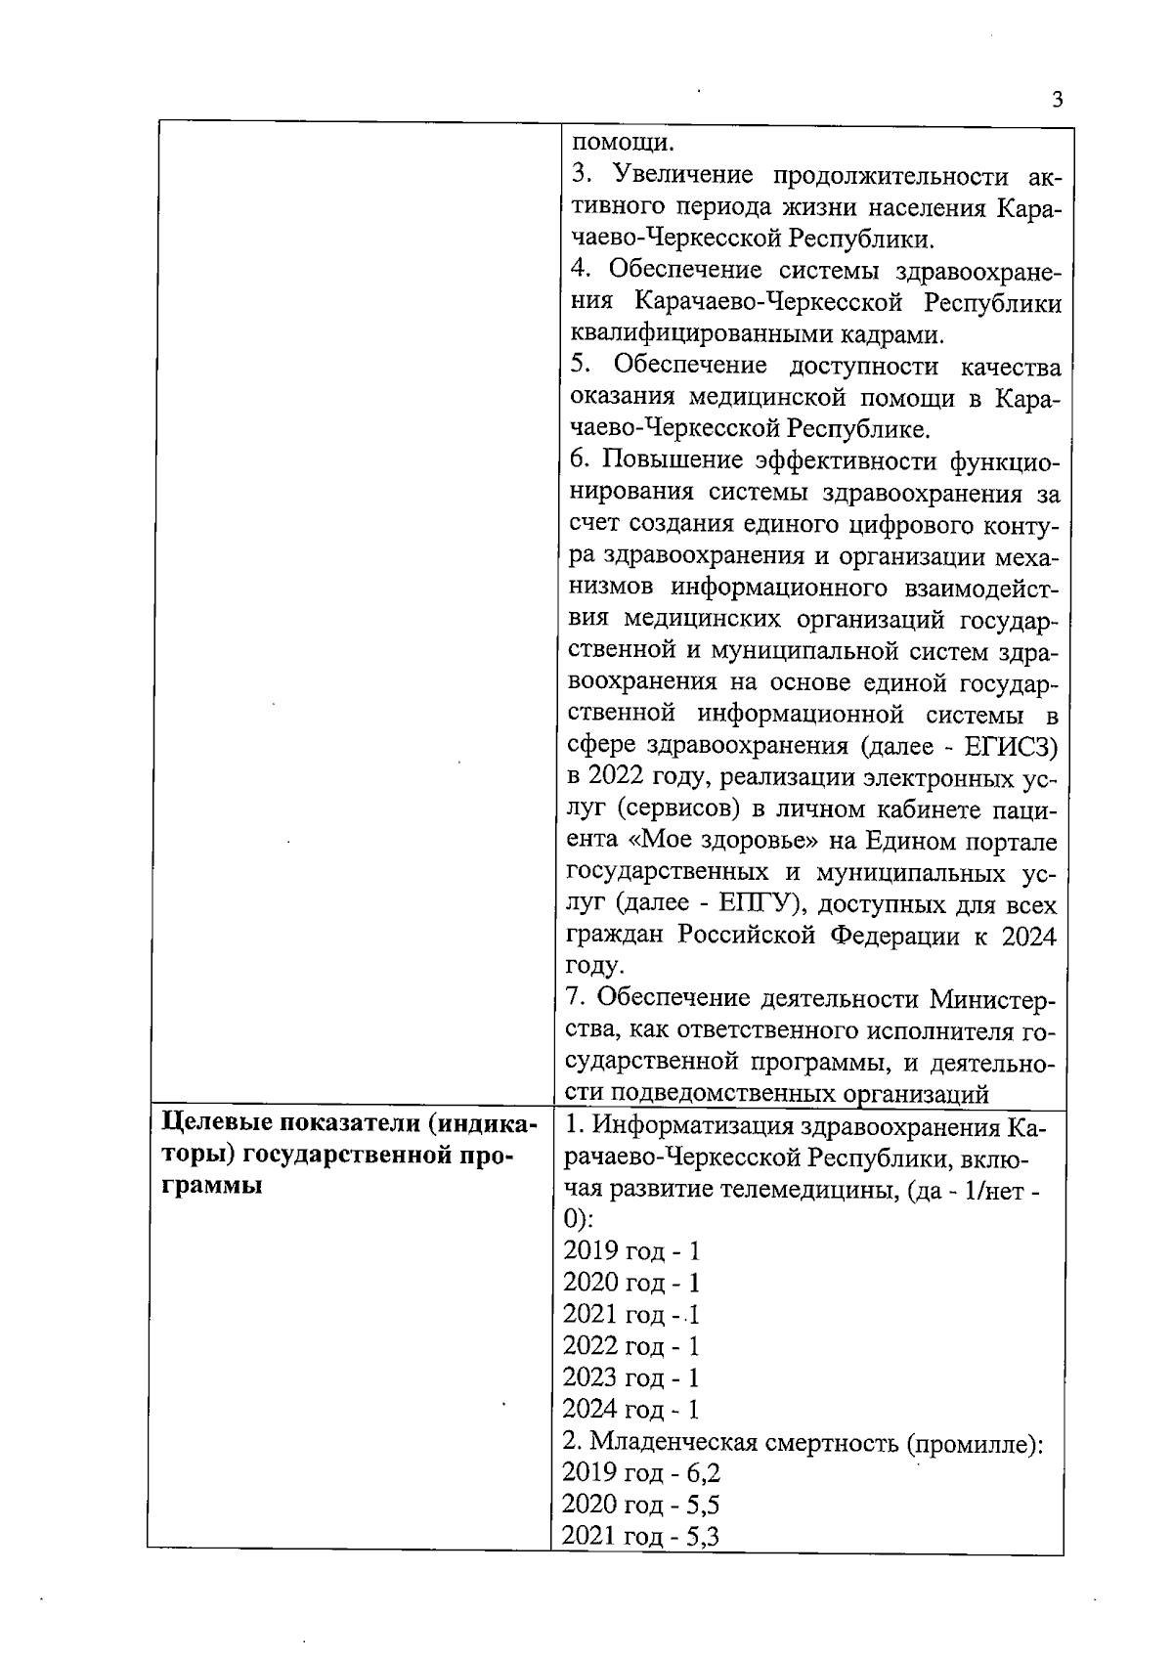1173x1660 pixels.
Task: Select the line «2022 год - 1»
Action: pyautogui.click(x=631, y=1346)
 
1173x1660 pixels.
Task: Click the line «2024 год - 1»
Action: pyautogui.click(x=631, y=1410)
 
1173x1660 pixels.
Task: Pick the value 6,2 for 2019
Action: pyautogui.click(x=704, y=1473)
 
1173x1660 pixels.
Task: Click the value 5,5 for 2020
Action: pyautogui.click(x=704, y=1505)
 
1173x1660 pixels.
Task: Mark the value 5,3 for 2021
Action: pyautogui.click(x=703, y=1537)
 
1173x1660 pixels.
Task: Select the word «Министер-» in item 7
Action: pyautogui.click(x=992, y=998)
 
